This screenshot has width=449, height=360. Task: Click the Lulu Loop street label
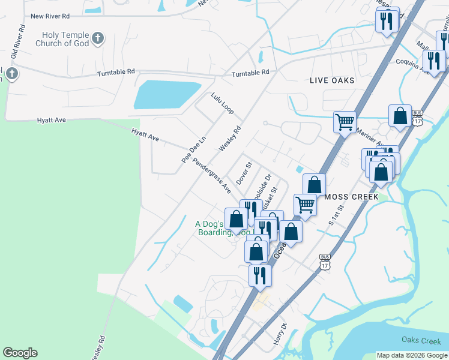pos(222,103)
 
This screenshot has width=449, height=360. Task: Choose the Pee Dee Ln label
pos(193,148)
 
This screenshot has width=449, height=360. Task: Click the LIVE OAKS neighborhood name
pos(332,80)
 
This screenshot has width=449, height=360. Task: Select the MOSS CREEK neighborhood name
pos(351,197)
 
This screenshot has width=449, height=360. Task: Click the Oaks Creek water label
pos(421,341)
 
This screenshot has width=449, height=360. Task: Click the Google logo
pos(20,353)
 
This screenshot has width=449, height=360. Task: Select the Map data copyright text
pos(411,355)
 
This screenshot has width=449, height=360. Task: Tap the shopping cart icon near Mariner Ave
pos(345,122)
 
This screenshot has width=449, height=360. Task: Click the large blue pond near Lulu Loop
pos(167,94)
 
